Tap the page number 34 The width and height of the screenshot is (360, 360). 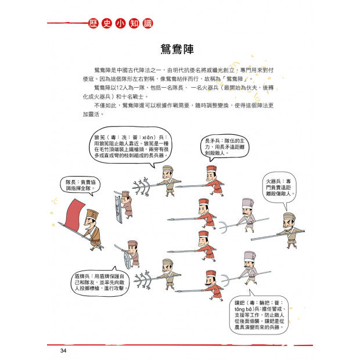[x=64, y=351]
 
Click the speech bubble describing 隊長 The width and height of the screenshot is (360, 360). [x=81, y=185]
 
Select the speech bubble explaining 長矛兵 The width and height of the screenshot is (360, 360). [x=224, y=148]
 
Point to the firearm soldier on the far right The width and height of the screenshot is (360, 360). [x=289, y=228]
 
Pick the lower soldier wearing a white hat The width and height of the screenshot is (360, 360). [x=250, y=267]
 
